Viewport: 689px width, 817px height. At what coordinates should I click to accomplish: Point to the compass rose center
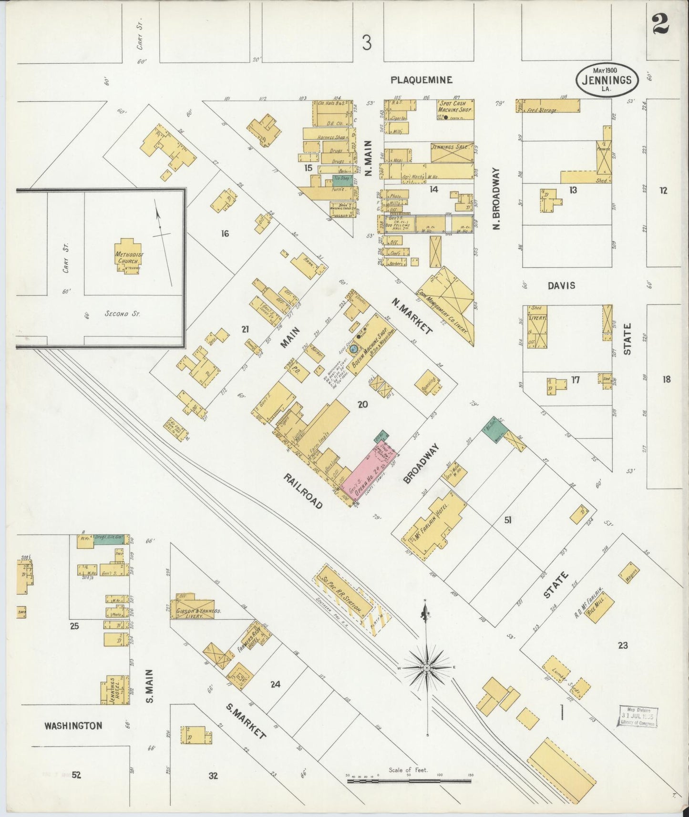coord(427,668)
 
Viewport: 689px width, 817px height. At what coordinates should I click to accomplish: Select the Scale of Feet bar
coord(409,781)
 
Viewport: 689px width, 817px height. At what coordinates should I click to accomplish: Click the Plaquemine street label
coord(421,80)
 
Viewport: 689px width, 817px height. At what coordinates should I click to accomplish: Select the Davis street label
coord(561,286)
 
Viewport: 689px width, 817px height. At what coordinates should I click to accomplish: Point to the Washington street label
coord(73,725)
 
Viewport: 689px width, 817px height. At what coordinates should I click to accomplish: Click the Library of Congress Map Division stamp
coord(638,716)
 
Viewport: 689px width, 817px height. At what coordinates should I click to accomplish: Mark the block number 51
coord(508,520)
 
